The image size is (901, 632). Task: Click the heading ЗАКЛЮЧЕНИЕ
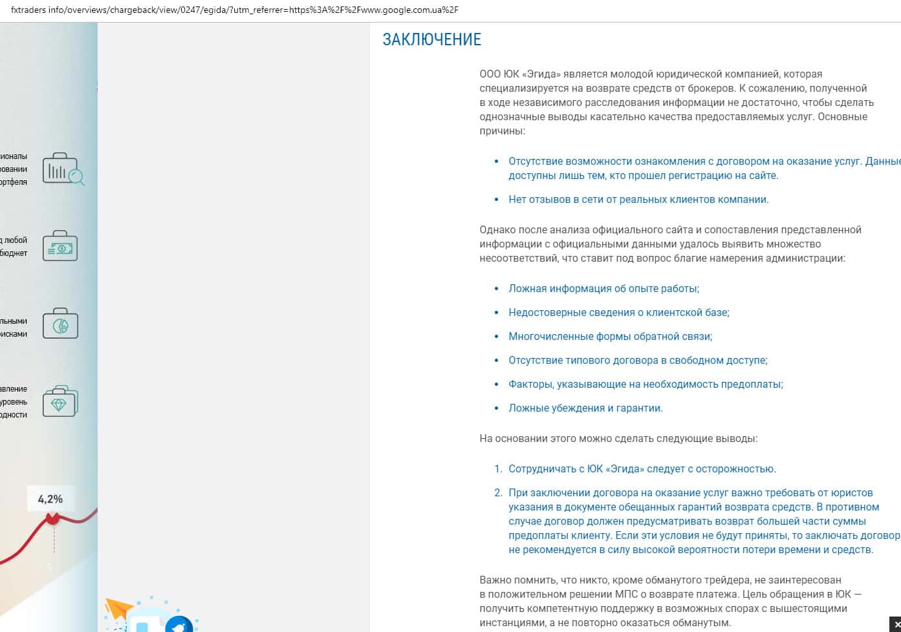point(431,39)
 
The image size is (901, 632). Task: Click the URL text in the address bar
point(234,10)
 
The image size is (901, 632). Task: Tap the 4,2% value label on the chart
point(50,499)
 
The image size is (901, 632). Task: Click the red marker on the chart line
point(52,518)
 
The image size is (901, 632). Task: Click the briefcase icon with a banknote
point(60,246)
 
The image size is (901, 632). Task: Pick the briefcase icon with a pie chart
point(60,324)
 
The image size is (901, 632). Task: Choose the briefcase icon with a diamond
point(60,401)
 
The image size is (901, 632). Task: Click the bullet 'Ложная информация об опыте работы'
point(603,289)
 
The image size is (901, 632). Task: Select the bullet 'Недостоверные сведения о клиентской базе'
point(618,313)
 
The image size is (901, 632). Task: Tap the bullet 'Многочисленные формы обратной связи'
point(610,337)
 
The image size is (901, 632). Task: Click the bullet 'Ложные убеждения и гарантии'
point(585,408)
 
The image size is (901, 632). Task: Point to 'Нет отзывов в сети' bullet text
point(638,200)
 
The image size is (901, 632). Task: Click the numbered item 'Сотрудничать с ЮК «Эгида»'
point(642,469)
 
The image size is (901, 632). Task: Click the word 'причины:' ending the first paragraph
point(502,131)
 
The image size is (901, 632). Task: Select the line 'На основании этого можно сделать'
point(618,439)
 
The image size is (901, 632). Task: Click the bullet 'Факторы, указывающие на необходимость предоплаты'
point(646,384)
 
